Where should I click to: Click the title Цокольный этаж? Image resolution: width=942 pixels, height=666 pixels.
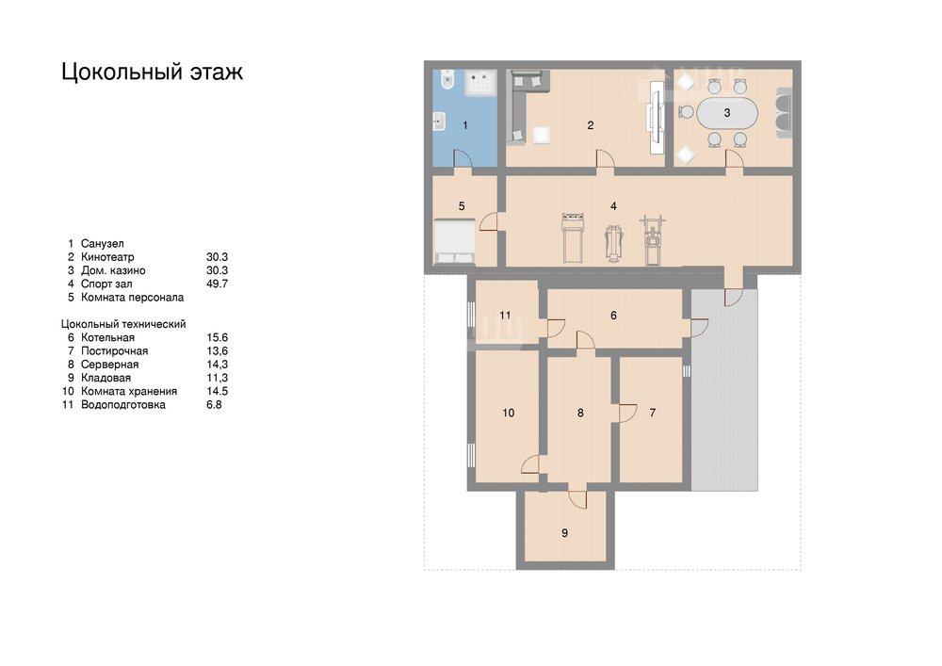point(152,72)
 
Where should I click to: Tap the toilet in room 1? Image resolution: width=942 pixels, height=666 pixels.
point(447,79)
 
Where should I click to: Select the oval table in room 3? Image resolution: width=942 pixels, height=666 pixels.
point(727,112)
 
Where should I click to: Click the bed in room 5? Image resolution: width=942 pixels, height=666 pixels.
point(454,242)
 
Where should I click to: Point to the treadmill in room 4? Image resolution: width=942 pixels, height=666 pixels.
point(573,237)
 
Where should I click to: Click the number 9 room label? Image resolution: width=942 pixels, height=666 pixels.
point(564,532)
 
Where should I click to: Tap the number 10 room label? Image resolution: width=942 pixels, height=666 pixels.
point(509,413)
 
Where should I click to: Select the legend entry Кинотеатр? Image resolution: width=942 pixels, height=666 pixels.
point(107,257)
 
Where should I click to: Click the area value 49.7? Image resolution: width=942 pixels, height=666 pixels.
point(217,284)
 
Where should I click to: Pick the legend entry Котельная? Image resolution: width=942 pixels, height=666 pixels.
point(107,337)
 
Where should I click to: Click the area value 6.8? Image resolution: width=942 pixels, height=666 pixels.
point(214,405)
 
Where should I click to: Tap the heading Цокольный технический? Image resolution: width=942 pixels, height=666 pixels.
point(123,324)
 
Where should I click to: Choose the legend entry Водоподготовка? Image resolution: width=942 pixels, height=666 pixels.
point(123,405)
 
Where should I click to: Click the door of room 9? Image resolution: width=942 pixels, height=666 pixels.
point(577,498)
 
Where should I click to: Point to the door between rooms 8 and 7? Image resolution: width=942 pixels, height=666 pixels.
point(626,413)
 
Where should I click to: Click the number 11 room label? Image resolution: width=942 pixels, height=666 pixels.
point(505,316)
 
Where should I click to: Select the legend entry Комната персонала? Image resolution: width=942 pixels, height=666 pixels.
point(132,298)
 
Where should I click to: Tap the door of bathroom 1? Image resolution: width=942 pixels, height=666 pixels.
point(462,157)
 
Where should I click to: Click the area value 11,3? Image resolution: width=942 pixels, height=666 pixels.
point(217,378)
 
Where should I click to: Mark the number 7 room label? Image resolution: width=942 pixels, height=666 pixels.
point(653,413)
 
